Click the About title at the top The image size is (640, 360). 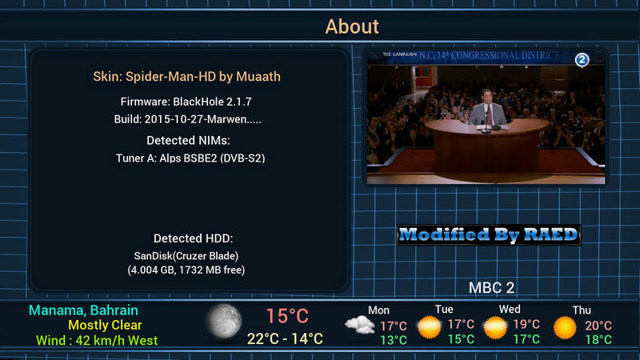[352, 26]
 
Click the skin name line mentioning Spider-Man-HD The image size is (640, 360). [187, 77]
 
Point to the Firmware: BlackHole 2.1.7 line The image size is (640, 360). [186, 102]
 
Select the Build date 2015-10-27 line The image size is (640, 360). [188, 119]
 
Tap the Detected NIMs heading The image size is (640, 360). [188, 141]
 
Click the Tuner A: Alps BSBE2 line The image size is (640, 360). [190, 158]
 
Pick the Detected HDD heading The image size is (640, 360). [193, 238]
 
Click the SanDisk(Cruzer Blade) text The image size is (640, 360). [186, 256]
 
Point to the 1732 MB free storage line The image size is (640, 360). [186, 270]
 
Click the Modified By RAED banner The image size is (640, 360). [489, 234]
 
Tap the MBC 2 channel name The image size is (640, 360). [491, 288]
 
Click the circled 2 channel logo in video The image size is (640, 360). [582, 60]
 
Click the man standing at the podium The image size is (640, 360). [487, 107]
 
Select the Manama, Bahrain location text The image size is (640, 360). [83, 310]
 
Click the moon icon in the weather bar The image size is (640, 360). [224, 322]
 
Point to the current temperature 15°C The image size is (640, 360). [287, 316]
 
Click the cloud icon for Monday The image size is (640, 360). [359, 326]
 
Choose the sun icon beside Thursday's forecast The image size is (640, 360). [565, 327]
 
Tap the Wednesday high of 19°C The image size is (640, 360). [526, 324]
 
